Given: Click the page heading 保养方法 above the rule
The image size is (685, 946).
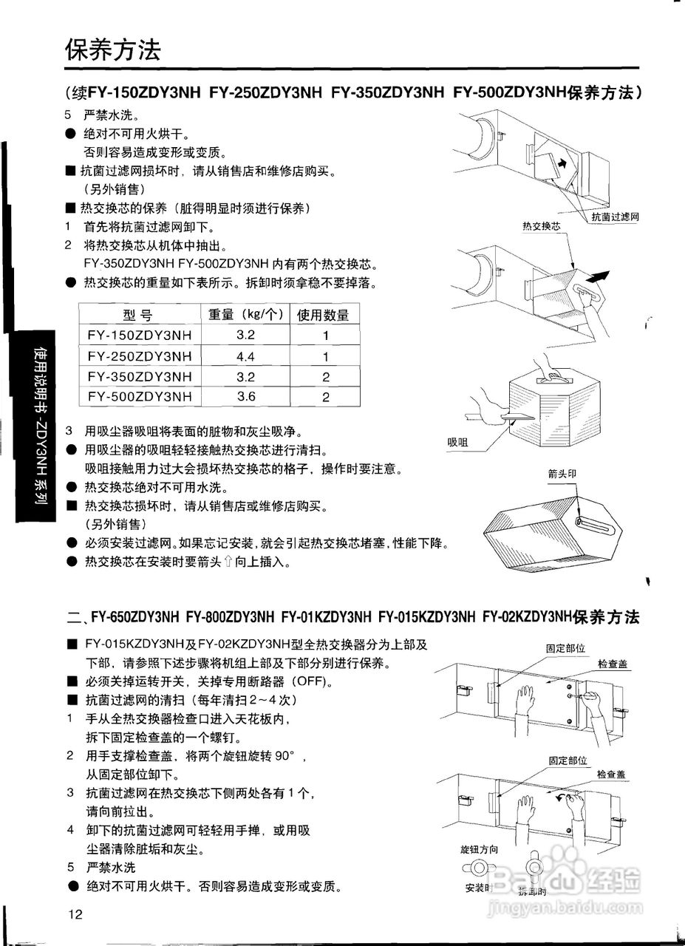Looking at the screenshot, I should click(113, 50).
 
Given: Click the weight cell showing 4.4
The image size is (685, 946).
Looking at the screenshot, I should click(245, 356).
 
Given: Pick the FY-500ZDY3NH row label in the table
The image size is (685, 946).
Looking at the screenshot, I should click(139, 396).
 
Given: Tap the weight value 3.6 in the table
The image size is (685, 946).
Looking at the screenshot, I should click(245, 396).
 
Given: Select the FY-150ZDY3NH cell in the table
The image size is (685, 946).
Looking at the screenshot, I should click(139, 336).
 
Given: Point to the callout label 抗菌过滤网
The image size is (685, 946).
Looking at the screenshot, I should click(615, 217).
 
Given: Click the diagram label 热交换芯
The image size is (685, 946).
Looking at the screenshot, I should click(542, 228).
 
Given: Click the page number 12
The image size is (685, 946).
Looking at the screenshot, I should click(75, 914).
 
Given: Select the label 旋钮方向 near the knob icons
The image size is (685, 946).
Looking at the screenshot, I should click(479, 850).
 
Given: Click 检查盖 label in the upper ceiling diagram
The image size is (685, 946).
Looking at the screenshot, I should click(613, 664).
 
